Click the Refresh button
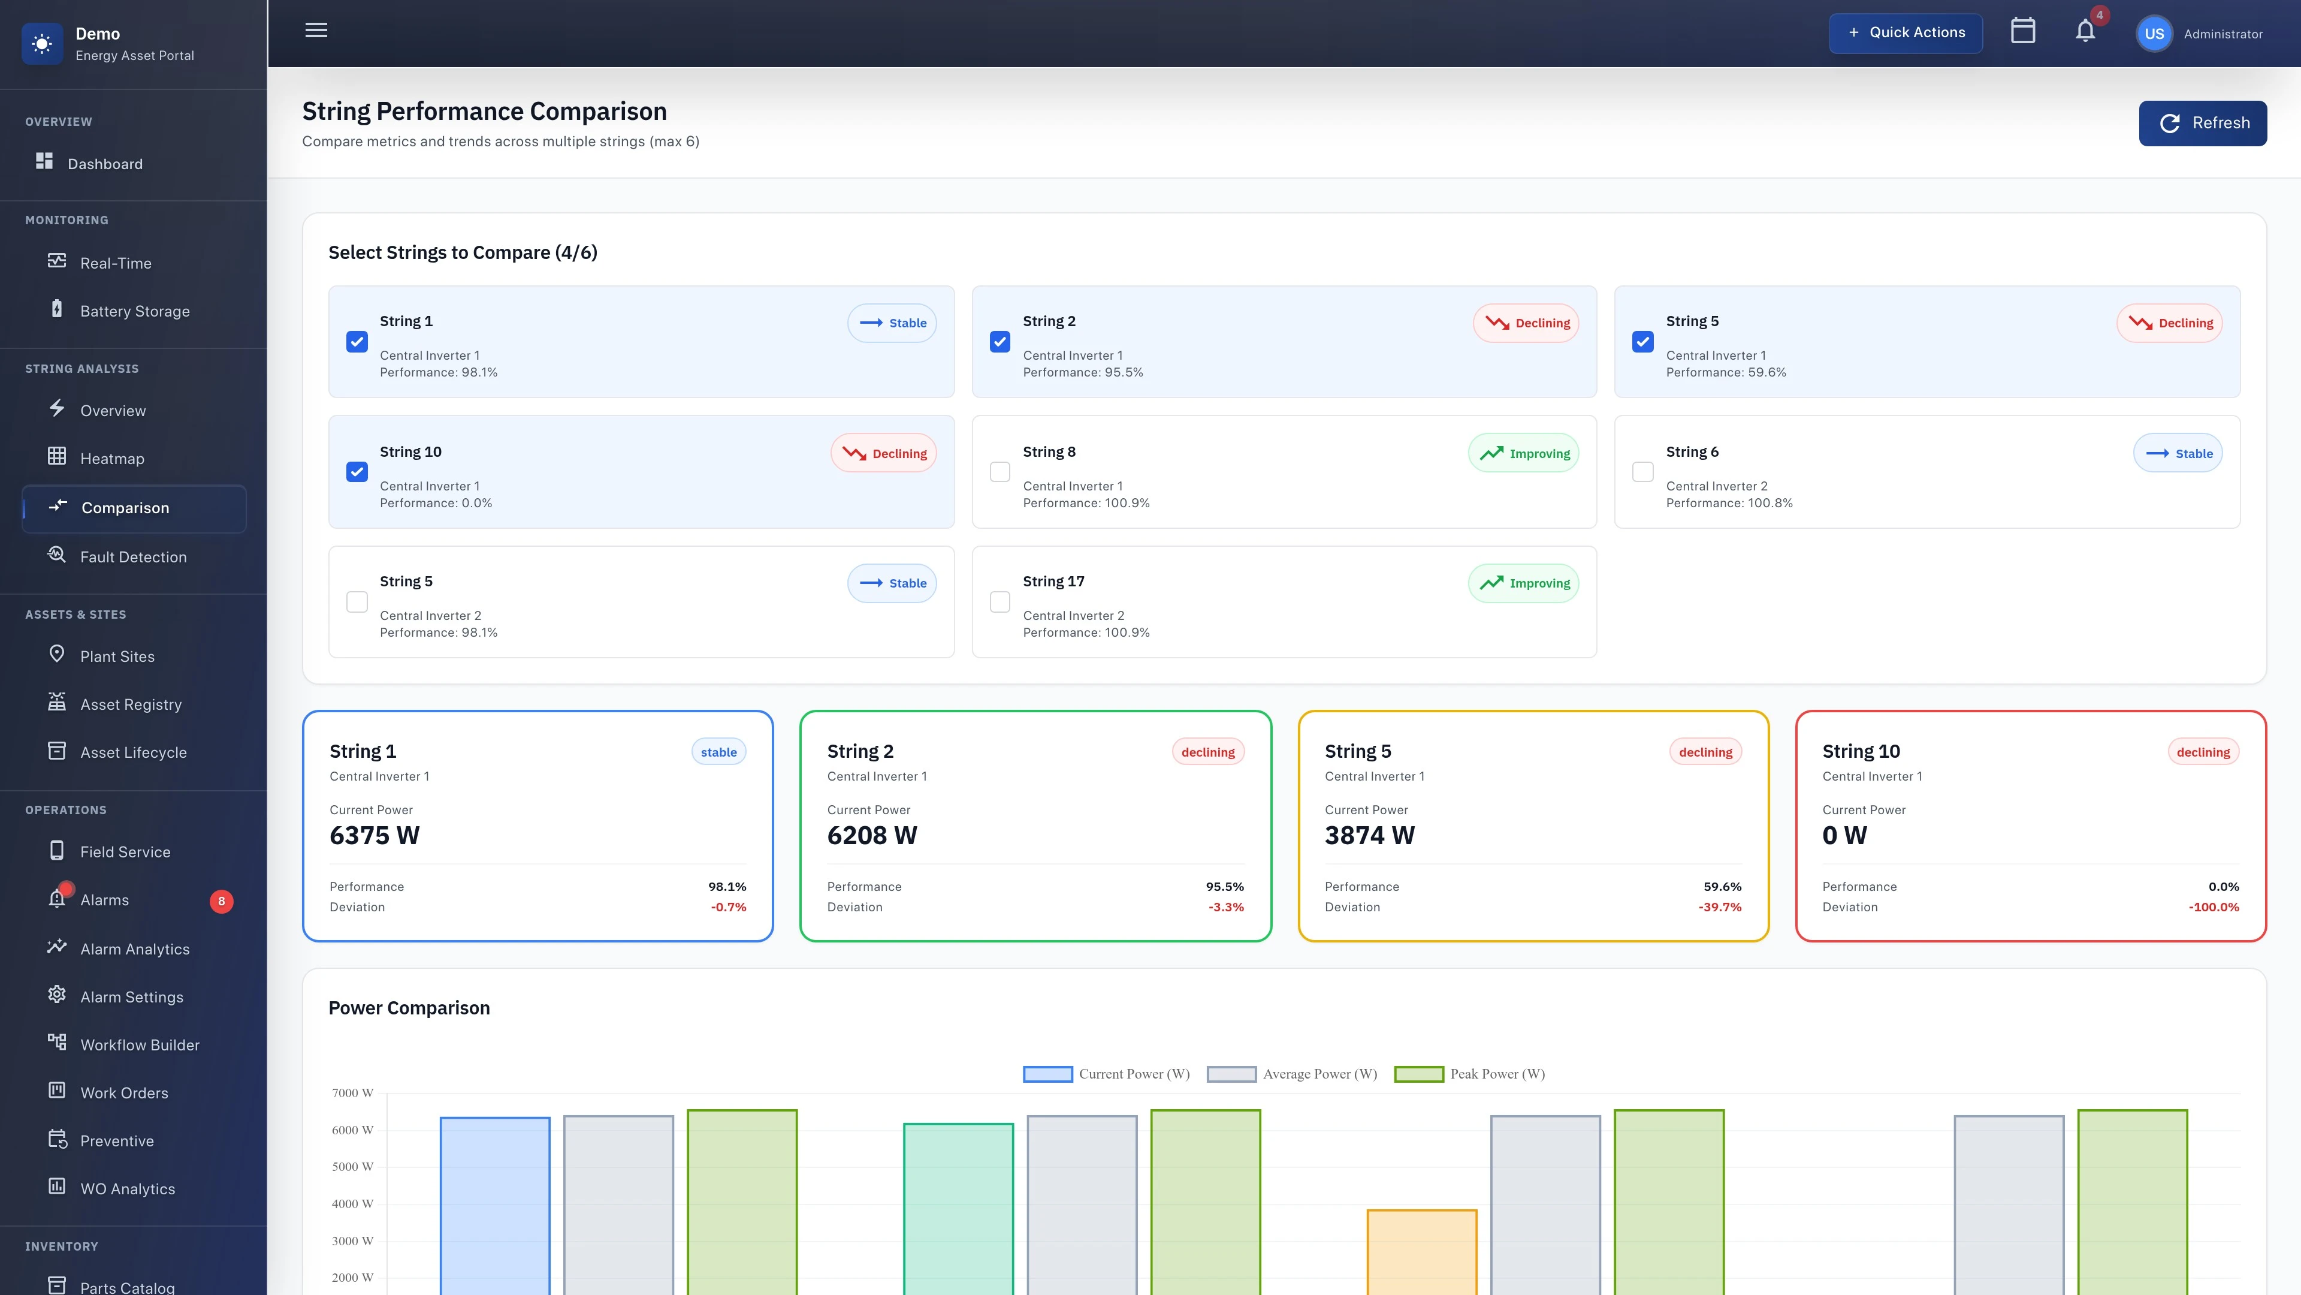point(2202,124)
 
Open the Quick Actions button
point(1906,33)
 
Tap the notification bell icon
point(2085,31)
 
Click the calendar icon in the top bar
point(2022,31)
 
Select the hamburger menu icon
point(316,31)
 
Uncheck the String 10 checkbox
point(357,472)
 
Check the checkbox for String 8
point(999,472)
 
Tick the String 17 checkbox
point(999,603)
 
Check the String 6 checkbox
point(1642,472)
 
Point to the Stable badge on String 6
point(2178,454)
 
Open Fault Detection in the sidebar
point(133,557)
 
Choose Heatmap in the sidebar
point(111,459)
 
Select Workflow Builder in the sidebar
point(140,1045)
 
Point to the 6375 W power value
point(375,836)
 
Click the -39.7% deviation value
point(1720,907)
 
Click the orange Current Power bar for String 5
point(1421,1251)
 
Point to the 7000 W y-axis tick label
point(352,1093)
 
